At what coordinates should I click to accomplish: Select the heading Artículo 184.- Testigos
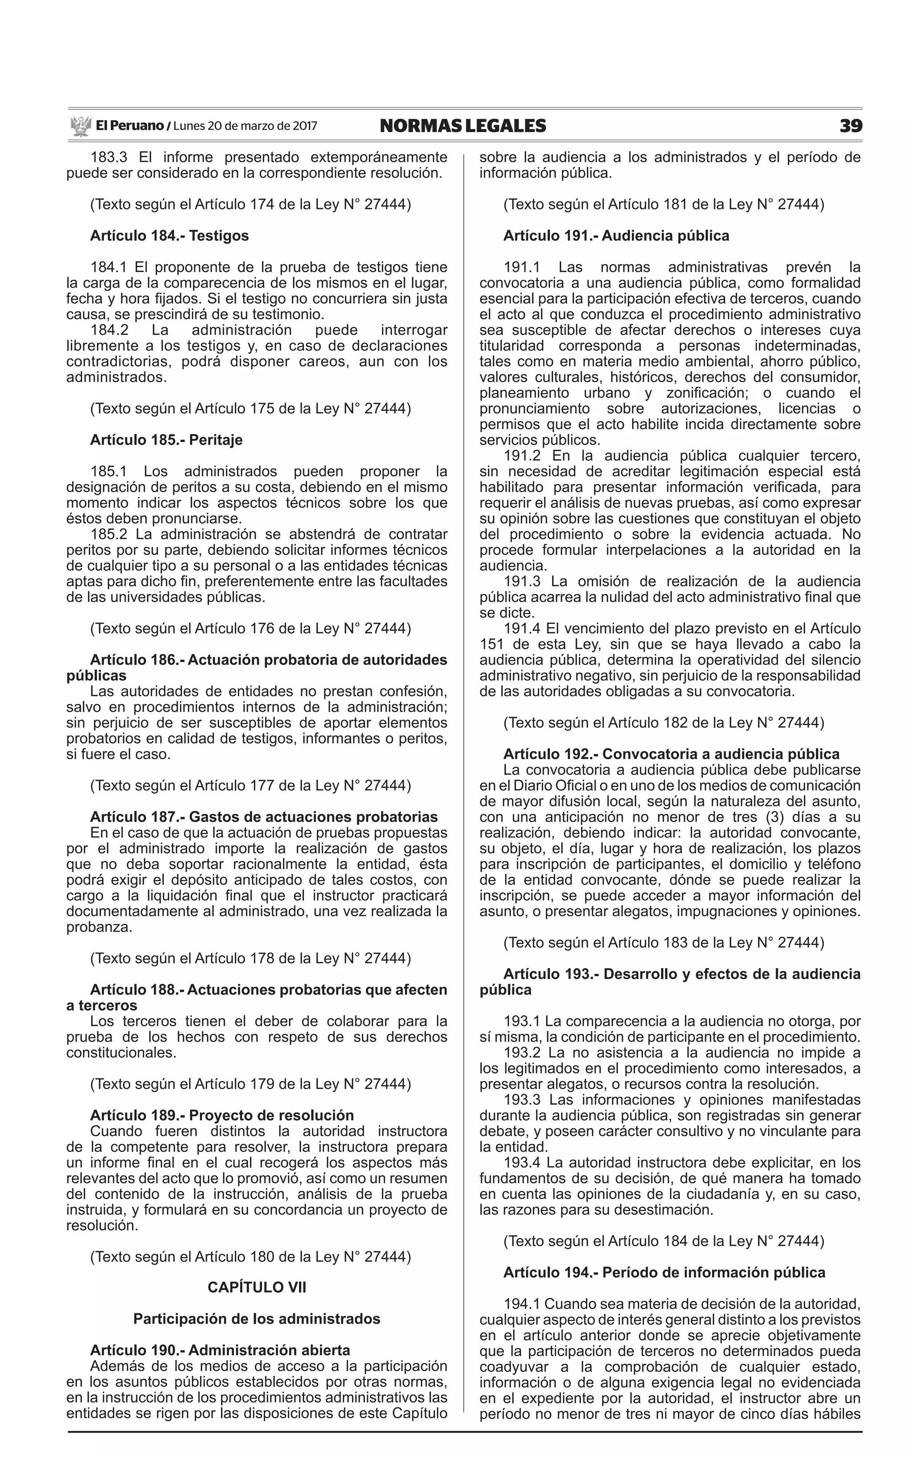[x=169, y=236]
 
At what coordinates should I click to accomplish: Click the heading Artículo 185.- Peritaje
[x=166, y=440]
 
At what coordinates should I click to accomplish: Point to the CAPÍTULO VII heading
[x=257, y=1287]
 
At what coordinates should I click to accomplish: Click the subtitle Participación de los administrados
[x=257, y=1319]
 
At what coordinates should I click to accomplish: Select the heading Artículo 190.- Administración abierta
[x=220, y=1350]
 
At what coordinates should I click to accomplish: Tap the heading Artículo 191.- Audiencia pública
[x=616, y=236]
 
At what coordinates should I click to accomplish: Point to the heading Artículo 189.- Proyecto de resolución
[x=222, y=1115]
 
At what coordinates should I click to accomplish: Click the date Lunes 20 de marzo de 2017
[x=245, y=126]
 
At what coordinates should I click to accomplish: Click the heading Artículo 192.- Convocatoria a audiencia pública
[x=671, y=754]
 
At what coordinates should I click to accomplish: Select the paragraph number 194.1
[x=523, y=1303]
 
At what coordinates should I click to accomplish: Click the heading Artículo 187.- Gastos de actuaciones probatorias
[x=264, y=817]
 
